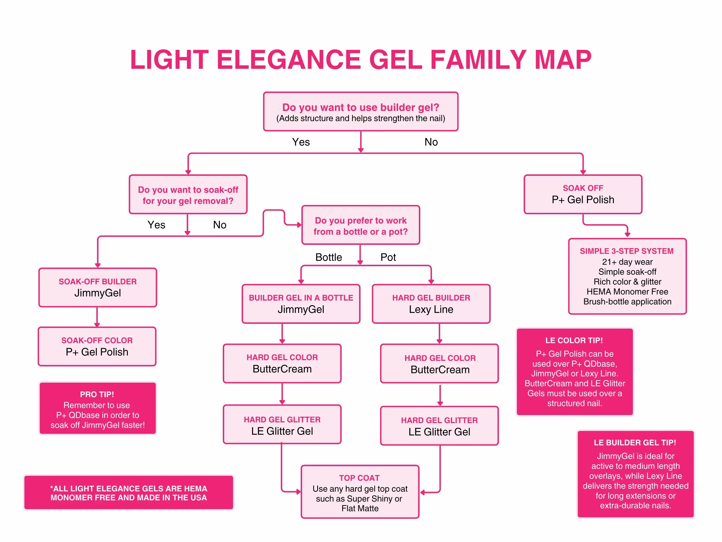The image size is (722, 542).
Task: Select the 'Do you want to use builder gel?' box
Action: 361,112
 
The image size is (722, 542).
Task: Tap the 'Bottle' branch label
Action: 328,257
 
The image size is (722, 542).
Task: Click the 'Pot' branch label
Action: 388,257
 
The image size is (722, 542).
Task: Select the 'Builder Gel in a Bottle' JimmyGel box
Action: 301,304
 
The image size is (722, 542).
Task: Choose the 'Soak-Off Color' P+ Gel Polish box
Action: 97,346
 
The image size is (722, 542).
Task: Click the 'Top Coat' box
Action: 360,492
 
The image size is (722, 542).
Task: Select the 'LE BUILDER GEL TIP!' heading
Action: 635,442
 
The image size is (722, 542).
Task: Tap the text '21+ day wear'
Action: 627,262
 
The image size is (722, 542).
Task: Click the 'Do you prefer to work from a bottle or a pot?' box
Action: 361,225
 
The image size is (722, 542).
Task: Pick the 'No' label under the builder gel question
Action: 431,142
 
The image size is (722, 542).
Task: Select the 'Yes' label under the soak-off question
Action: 156,225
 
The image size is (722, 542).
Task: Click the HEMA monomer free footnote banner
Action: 129,493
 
